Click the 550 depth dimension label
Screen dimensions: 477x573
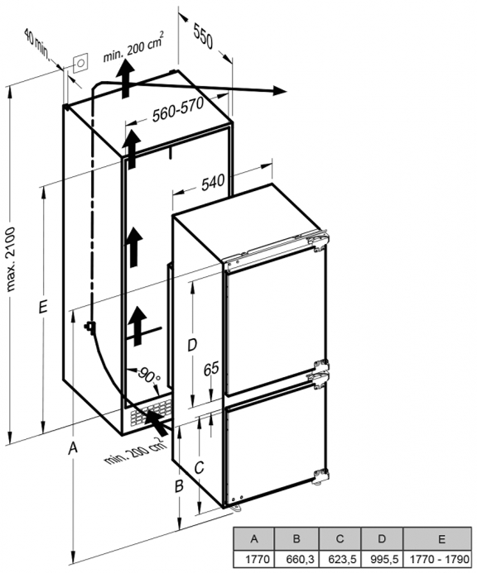click(203, 36)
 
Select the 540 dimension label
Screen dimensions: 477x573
click(213, 182)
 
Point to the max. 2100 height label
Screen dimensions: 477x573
click(12, 259)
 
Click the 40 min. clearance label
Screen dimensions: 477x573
click(36, 44)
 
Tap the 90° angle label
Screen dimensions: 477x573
click(149, 376)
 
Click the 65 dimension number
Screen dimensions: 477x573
click(211, 369)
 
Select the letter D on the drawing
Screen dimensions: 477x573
click(192, 345)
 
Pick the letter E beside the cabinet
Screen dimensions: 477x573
click(43, 308)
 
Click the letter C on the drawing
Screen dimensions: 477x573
click(199, 467)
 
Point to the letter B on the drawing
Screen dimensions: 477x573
click(179, 486)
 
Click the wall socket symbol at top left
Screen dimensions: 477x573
click(80, 63)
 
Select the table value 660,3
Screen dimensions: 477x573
click(297, 559)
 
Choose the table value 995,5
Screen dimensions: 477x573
click(382, 559)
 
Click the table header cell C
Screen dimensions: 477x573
click(340, 538)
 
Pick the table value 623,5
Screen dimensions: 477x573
click(340, 559)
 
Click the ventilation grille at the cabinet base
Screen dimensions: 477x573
click(150, 413)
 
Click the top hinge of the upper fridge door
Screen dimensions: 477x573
click(318, 241)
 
